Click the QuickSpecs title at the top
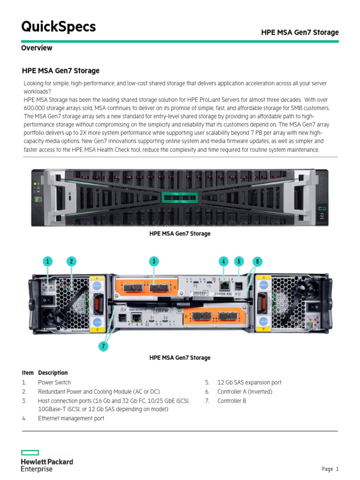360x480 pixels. tap(59, 27)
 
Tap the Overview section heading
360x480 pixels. tap(37, 48)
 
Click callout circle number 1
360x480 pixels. tap(47, 262)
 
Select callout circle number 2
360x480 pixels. tap(71, 262)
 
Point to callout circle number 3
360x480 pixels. tap(153, 262)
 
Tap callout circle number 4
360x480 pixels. tap(224, 262)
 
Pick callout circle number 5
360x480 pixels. tap(239, 262)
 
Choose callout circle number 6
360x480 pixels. tap(256, 262)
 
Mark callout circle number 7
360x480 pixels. tap(104, 346)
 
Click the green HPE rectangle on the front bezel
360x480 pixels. tap(180, 197)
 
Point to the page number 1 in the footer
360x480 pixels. tap(337, 469)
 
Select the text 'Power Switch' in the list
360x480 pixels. tap(54, 382)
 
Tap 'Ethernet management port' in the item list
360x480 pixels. tap(71, 419)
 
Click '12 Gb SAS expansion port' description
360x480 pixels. tap(249, 382)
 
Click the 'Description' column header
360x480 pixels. tap(52, 373)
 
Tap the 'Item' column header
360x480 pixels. tap(28, 373)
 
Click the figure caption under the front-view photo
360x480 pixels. tap(180, 233)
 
